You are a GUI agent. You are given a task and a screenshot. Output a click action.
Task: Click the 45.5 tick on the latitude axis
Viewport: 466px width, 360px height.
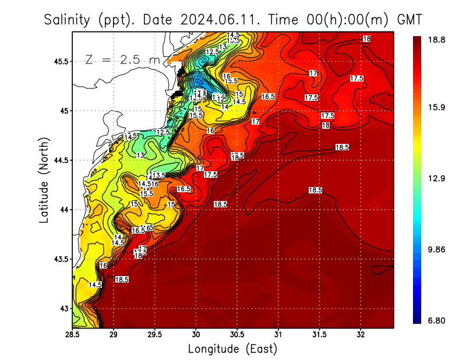59,61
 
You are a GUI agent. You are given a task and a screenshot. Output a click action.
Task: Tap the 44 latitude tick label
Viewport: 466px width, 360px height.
62,210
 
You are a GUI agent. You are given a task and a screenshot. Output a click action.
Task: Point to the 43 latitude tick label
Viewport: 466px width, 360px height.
62,308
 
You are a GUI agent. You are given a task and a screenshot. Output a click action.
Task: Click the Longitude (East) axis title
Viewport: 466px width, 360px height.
232,349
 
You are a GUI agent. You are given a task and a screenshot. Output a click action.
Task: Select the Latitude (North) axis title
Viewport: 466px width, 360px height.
44,179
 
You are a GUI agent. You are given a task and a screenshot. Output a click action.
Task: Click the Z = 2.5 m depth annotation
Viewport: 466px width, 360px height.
121,60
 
